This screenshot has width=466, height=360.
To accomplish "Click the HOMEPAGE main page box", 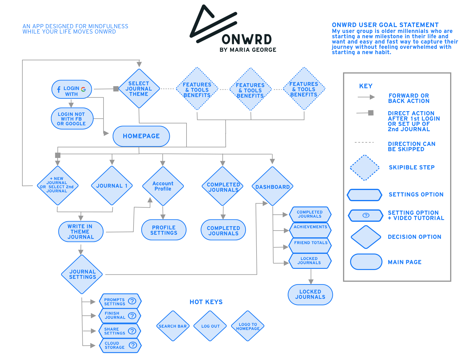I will [141, 136].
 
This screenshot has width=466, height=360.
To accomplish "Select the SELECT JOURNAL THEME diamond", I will [139, 89].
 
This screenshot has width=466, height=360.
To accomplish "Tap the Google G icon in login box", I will [84, 89].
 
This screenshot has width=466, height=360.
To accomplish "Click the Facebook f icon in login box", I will [59, 89].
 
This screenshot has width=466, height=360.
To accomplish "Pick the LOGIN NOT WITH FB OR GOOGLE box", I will [72, 119].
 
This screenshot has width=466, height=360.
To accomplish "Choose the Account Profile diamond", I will [163, 186].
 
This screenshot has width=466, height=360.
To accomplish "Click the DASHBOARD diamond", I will [272, 187].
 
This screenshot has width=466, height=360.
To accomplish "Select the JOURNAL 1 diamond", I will [112, 186].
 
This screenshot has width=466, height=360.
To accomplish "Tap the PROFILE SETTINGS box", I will [164, 230].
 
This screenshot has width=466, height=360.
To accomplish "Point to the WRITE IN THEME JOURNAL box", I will [81, 232].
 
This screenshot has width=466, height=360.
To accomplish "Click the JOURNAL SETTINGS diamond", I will [82, 274].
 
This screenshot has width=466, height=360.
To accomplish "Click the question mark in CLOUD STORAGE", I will [133, 345].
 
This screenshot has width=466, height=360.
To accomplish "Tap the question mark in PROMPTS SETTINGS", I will [132, 301].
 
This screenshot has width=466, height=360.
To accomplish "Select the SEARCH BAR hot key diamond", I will [173, 326].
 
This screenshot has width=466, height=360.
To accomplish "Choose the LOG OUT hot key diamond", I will [211, 326].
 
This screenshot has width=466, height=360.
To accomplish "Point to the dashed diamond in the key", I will [365, 168].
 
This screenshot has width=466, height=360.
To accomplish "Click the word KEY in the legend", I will [366, 86].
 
